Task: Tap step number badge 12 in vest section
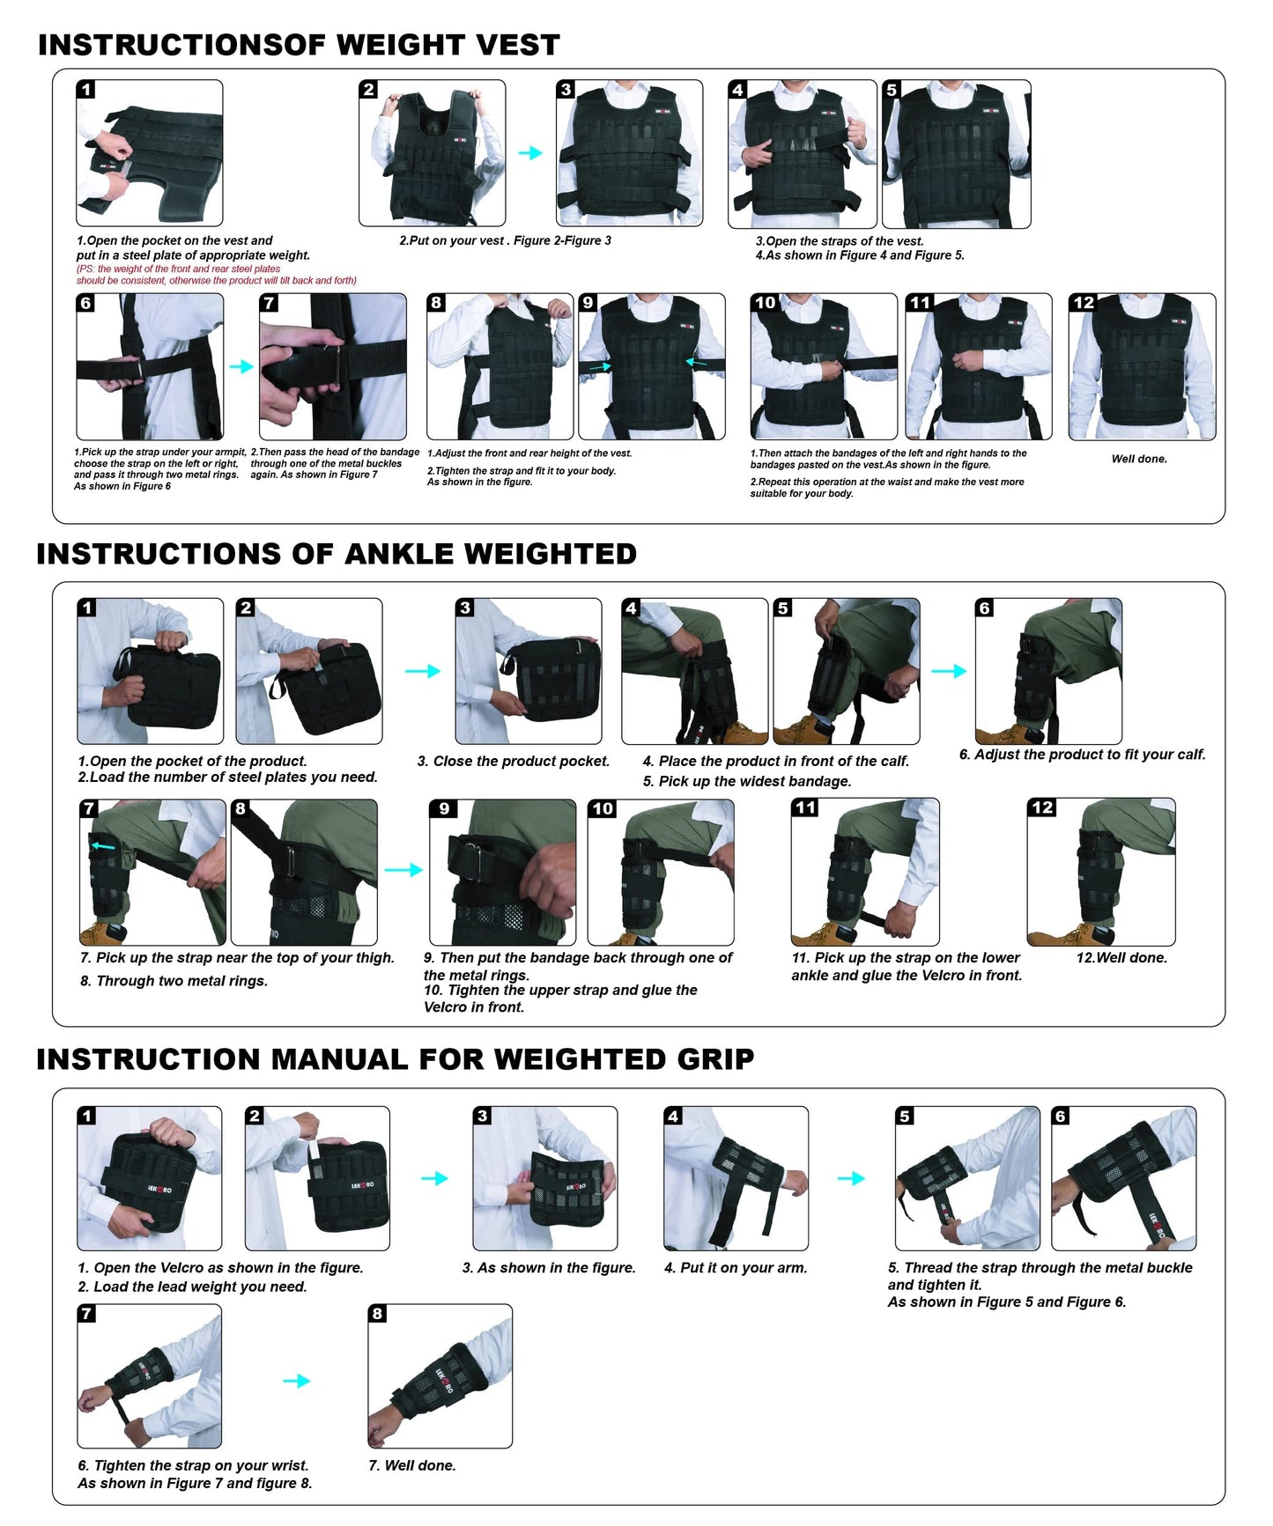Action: click(x=1083, y=303)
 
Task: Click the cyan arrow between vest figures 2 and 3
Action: click(x=529, y=153)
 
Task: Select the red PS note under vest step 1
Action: click(x=216, y=275)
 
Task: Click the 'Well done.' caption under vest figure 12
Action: click(x=1138, y=459)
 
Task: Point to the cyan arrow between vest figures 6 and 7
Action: click(x=241, y=366)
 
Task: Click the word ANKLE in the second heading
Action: click(x=398, y=554)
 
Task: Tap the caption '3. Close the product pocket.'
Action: click(x=513, y=761)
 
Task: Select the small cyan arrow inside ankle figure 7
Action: click(x=103, y=847)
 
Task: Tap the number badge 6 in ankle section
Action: click(x=985, y=608)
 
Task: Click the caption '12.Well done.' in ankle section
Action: click(x=1121, y=957)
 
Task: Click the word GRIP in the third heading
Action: click(x=714, y=1059)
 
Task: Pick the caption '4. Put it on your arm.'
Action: click(x=735, y=1268)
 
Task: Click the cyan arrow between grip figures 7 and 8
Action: click(x=296, y=1381)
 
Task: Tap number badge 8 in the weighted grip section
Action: click(x=377, y=1314)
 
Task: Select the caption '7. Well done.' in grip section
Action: click(x=411, y=1465)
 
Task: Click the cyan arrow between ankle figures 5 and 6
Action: click(x=948, y=671)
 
